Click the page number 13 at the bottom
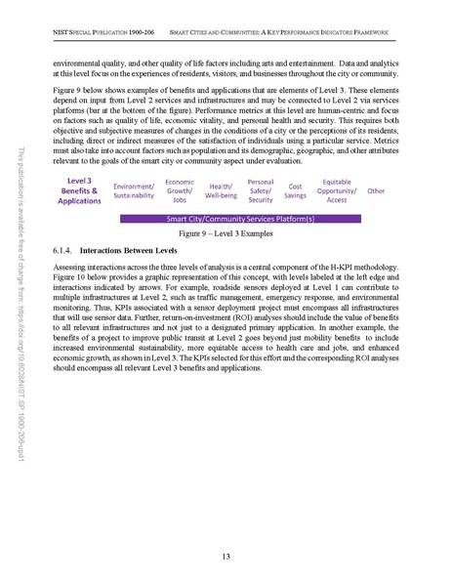pos(226,556)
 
